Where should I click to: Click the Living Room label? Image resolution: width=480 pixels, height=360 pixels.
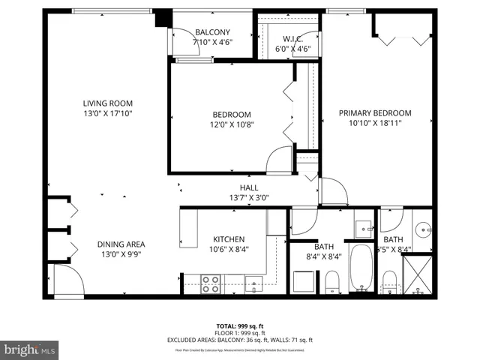tap(108, 103)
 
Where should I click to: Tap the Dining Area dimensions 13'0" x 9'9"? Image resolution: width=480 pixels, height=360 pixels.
tap(120, 254)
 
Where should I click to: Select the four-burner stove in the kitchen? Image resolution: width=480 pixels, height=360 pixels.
tap(211, 283)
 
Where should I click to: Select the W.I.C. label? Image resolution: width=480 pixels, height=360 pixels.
tap(292, 39)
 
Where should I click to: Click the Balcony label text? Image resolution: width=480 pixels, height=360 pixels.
tap(212, 32)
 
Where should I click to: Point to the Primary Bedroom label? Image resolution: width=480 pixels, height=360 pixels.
tap(375, 113)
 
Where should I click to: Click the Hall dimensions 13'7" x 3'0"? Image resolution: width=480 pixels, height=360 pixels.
tap(249, 198)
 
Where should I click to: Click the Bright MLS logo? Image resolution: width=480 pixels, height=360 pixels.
tap(29, 349)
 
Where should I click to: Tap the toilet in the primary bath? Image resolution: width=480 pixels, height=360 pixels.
tap(389, 281)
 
